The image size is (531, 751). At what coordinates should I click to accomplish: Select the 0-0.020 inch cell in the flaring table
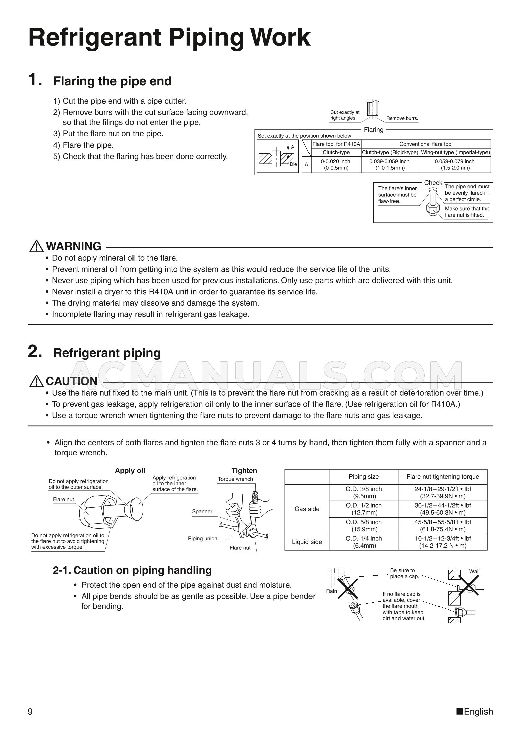[336, 165]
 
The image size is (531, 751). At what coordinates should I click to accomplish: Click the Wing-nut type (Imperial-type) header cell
[455, 153]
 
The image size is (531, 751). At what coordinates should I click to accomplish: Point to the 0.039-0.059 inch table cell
[389, 165]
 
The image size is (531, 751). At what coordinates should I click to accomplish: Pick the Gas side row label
[306, 509]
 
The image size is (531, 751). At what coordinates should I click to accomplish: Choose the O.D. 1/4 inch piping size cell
[363, 542]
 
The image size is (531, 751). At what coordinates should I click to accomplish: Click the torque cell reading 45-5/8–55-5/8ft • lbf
[442, 526]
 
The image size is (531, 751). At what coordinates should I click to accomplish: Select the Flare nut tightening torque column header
[442, 477]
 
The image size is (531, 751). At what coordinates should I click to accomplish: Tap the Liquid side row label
[306, 542]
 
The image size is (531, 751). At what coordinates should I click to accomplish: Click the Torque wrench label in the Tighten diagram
[235, 479]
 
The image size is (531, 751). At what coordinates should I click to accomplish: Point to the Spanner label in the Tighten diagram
[202, 512]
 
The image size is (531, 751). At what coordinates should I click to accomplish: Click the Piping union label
[202, 539]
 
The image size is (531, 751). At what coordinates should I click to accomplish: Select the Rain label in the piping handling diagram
[331, 591]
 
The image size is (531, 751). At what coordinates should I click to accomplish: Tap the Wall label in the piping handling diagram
[474, 571]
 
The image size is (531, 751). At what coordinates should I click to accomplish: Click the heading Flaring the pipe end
[112, 81]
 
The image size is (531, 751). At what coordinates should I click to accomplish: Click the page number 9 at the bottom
[30, 712]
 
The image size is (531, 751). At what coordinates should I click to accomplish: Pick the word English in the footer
[478, 712]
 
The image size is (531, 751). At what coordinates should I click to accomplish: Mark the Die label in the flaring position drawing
[293, 164]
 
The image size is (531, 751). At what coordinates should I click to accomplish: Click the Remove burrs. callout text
[402, 118]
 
